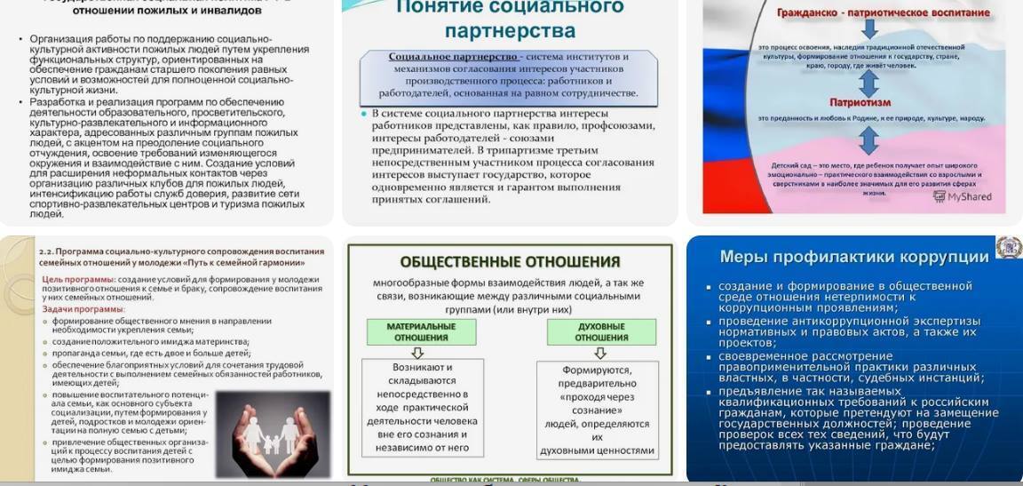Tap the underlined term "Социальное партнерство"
(453, 57)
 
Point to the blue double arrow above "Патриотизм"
(868, 77)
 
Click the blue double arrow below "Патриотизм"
(868, 140)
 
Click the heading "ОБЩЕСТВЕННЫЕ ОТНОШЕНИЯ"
(510, 262)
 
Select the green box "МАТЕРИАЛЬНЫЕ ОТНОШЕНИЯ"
(421, 332)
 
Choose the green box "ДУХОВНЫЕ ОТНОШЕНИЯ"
(601, 332)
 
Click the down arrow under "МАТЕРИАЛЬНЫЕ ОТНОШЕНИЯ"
(422, 353)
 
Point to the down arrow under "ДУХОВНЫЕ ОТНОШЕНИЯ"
(600, 353)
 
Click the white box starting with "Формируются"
(598, 410)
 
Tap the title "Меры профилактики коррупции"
(853, 258)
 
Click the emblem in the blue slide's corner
(1008, 247)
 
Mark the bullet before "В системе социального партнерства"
(364, 114)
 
